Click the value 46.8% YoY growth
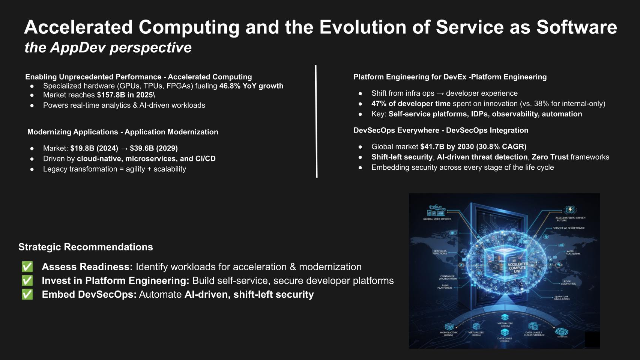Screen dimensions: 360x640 (251, 86)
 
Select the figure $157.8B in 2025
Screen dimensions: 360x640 (125, 95)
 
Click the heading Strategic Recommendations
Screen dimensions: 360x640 (86, 247)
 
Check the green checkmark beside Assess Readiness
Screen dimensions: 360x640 (27, 267)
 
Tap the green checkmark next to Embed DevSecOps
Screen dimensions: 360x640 (27, 295)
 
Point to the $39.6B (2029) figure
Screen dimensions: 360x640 (154, 148)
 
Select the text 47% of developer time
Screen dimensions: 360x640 (411, 104)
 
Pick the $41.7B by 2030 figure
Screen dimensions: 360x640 (447, 147)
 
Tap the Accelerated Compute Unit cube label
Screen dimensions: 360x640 (518, 268)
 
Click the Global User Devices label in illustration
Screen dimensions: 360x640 (437, 219)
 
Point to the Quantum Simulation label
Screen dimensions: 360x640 (562, 298)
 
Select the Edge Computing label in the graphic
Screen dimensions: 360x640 (568, 283)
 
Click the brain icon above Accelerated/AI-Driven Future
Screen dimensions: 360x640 (570, 210)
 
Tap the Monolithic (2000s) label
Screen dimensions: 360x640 (449, 334)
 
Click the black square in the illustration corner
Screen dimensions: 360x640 (592, 339)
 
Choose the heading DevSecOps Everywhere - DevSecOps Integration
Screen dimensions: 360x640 (441, 131)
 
